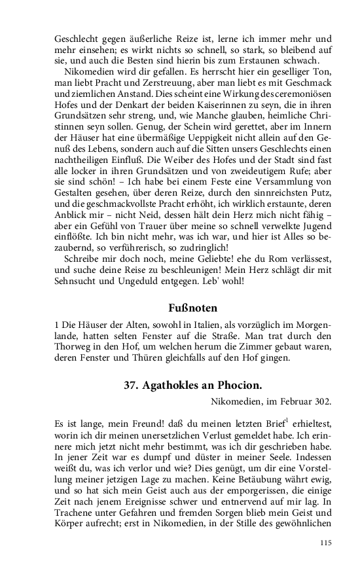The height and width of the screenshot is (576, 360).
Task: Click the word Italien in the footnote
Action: pos(196,325)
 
